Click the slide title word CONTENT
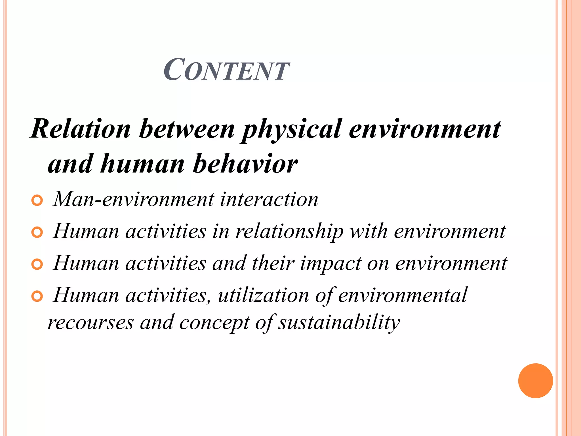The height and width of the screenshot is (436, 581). click(226, 70)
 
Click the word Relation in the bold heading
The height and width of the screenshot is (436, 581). click(81, 129)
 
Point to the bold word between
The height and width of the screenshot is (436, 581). click(187, 129)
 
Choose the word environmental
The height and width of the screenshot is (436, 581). click(402, 295)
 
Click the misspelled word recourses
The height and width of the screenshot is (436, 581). click(90, 323)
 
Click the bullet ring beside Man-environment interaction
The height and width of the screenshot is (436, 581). click(37, 201)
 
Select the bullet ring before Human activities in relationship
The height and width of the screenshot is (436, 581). click(37, 232)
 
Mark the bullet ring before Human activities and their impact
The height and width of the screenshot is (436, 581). click(37, 265)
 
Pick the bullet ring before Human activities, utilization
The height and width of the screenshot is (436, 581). click(37, 297)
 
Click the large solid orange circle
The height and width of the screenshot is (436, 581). click(535, 381)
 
